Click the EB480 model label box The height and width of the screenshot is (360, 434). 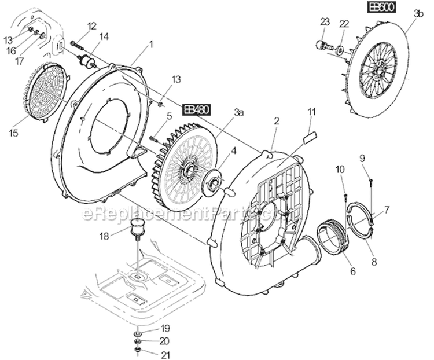click(x=197, y=109)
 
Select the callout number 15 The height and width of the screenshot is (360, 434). click(x=13, y=133)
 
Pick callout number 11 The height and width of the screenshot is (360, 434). click(x=310, y=111)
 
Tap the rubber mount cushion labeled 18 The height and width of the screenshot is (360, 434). click(x=138, y=226)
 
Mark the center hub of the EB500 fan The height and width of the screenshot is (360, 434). click(x=377, y=74)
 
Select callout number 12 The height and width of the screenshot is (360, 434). click(x=92, y=25)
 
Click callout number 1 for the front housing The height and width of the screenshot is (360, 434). click(x=152, y=44)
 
